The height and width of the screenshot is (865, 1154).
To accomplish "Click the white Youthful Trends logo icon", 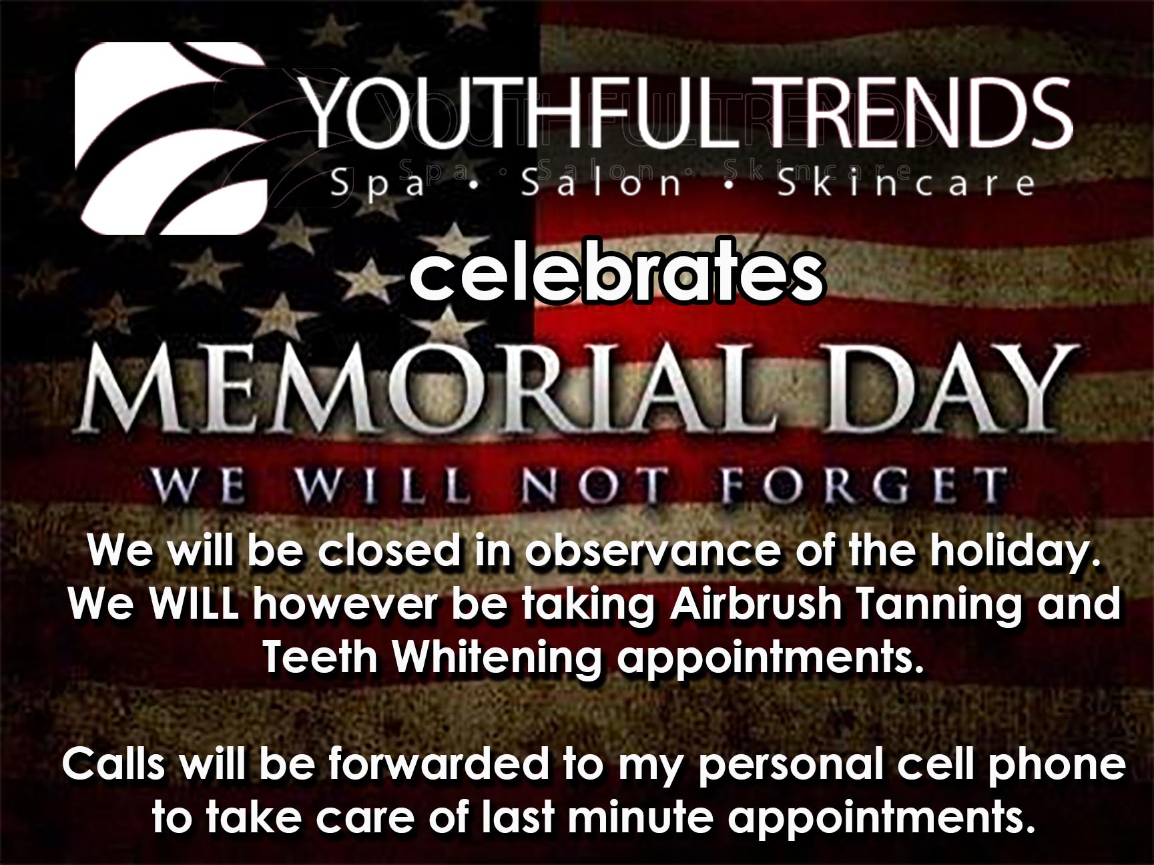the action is pos(172,139).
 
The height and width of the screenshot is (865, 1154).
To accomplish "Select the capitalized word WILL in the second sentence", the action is pos(194,605).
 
